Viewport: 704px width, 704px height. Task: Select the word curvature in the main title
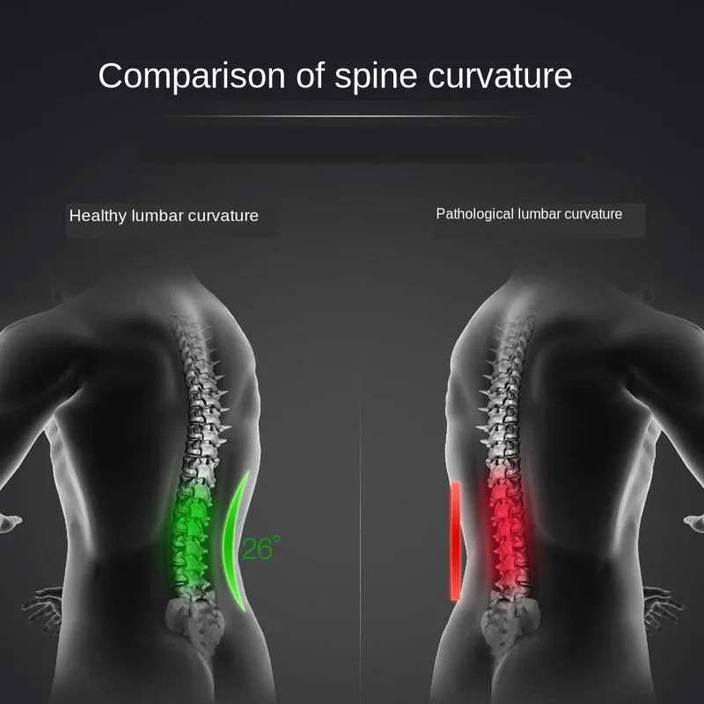(x=501, y=77)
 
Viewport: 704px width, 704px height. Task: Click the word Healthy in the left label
(x=98, y=216)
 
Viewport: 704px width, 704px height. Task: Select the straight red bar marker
(x=456, y=541)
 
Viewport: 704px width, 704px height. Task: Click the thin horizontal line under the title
(x=352, y=115)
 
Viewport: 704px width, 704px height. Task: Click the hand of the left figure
(x=40, y=607)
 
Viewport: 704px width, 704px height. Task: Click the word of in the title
(x=304, y=77)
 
